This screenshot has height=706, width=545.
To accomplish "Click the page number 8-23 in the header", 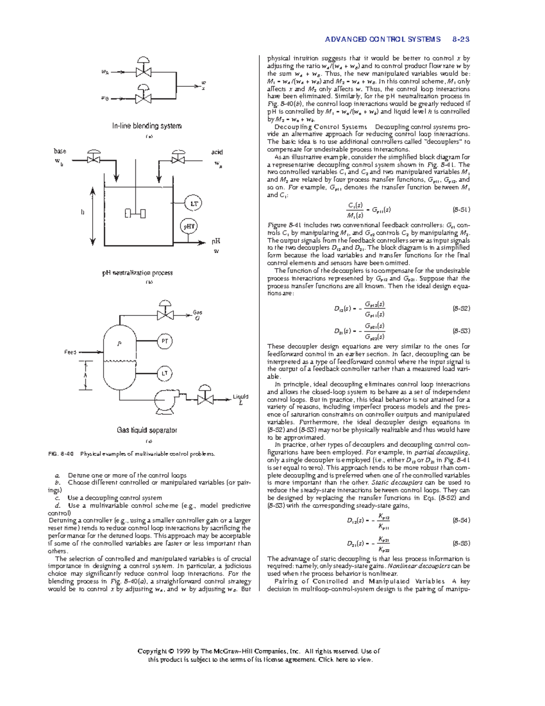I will click(461, 40).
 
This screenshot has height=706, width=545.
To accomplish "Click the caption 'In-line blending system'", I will click(147, 126).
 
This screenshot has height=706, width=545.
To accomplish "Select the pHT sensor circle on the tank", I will click(189, 226).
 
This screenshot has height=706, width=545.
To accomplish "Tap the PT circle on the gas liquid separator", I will click(165, 341).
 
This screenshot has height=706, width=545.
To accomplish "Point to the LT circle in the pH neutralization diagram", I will click(194, 204).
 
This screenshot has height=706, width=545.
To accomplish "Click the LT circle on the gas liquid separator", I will click(165, 374).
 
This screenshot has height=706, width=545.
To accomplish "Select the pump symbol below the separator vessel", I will click(164, 401).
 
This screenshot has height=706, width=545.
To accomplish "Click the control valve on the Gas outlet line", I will click(164, 315).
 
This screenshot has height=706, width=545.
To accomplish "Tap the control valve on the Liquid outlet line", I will click(206, 399).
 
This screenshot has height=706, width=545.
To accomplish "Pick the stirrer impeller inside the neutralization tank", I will click(135, 213).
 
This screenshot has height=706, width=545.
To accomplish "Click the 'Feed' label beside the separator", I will click(70, 352).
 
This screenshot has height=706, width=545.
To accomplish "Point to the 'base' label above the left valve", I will click(60, 151).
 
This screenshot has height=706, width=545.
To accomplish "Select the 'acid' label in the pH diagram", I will click(217, 152).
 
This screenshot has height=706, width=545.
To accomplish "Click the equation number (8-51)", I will click(461, 210).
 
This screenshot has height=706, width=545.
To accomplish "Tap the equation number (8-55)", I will click(461, 543).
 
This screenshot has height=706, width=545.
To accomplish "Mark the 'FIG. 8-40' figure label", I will click(60, 454).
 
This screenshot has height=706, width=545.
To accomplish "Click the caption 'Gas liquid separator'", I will click(147, 430).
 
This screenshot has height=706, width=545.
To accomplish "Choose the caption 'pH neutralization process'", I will click(137, 273).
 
